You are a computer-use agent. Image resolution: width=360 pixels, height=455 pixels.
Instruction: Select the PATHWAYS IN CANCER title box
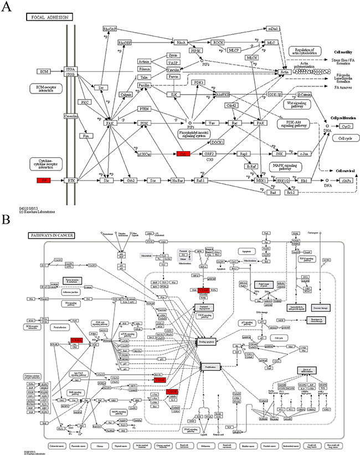click(51, 235)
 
